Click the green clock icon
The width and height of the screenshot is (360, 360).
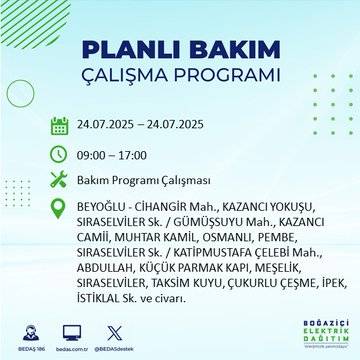tap(59, 157)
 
